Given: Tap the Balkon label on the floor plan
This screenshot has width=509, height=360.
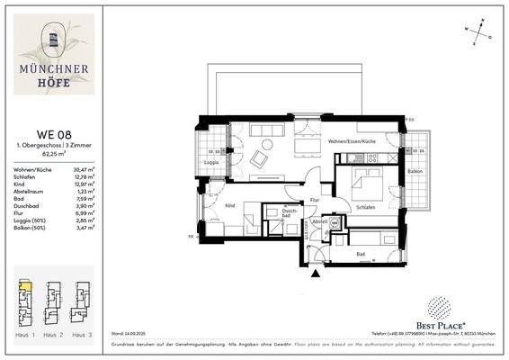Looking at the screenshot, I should click(x=415, y=170).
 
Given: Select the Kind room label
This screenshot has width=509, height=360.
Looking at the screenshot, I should click(x=229, y=205).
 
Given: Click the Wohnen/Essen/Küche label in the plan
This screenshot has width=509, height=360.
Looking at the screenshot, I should click(x=352, y=142).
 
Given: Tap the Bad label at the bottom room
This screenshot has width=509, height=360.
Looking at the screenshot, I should click(x=362, y=255).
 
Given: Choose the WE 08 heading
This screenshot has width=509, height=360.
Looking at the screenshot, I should click(x=49, y=135).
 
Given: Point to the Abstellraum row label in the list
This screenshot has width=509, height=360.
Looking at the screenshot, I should click(x=29, y=192).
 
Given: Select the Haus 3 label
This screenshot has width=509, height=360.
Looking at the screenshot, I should click(x=83, y=334).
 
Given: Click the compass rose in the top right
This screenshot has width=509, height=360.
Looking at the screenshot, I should click(x=482, y=29).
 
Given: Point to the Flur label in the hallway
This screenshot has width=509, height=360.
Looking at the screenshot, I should click(x=315, y=199).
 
